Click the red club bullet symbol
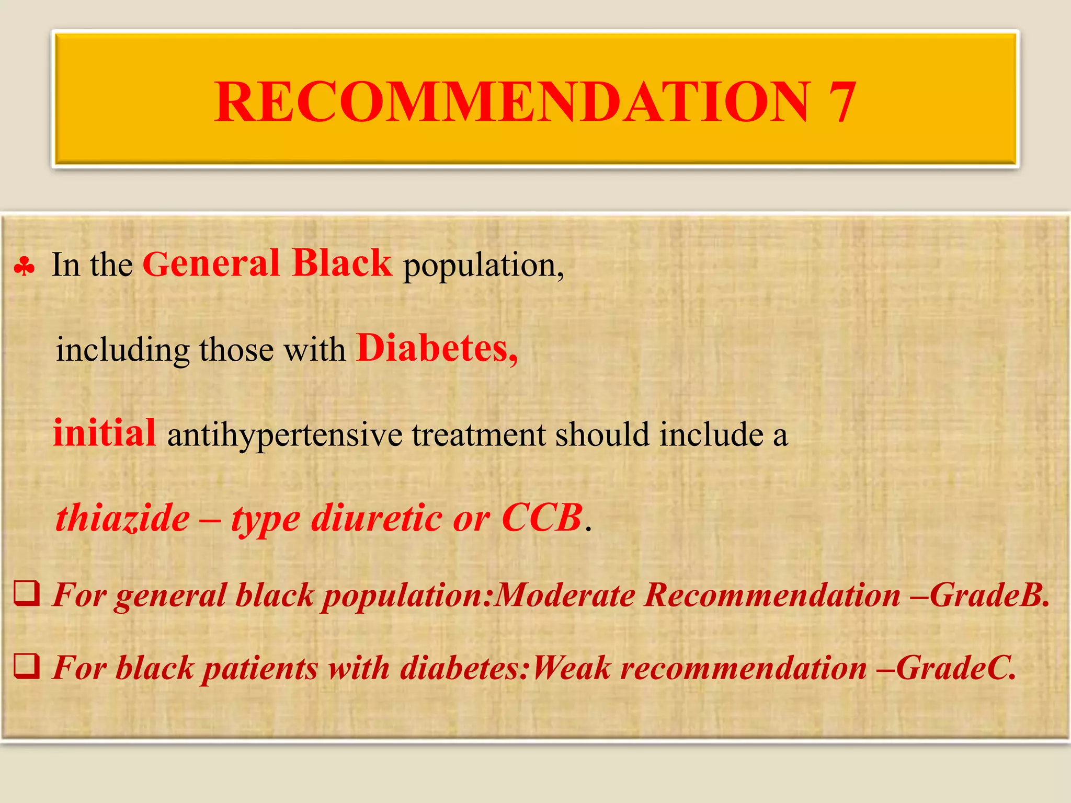click(25, 267)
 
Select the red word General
click(211, 264)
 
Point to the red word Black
click(342, 263)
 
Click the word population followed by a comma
click(483, 266)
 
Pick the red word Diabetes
click(437, 349)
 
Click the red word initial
click(105, 433)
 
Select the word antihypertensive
click(285, 435)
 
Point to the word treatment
click(478, 435)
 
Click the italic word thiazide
click(123, 519)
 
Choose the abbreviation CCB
click(541, 519)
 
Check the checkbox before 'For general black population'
click(26, 594)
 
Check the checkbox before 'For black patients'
click(26, 667)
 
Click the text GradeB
click(989, 595)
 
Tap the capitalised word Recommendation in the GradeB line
click(772, 595)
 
